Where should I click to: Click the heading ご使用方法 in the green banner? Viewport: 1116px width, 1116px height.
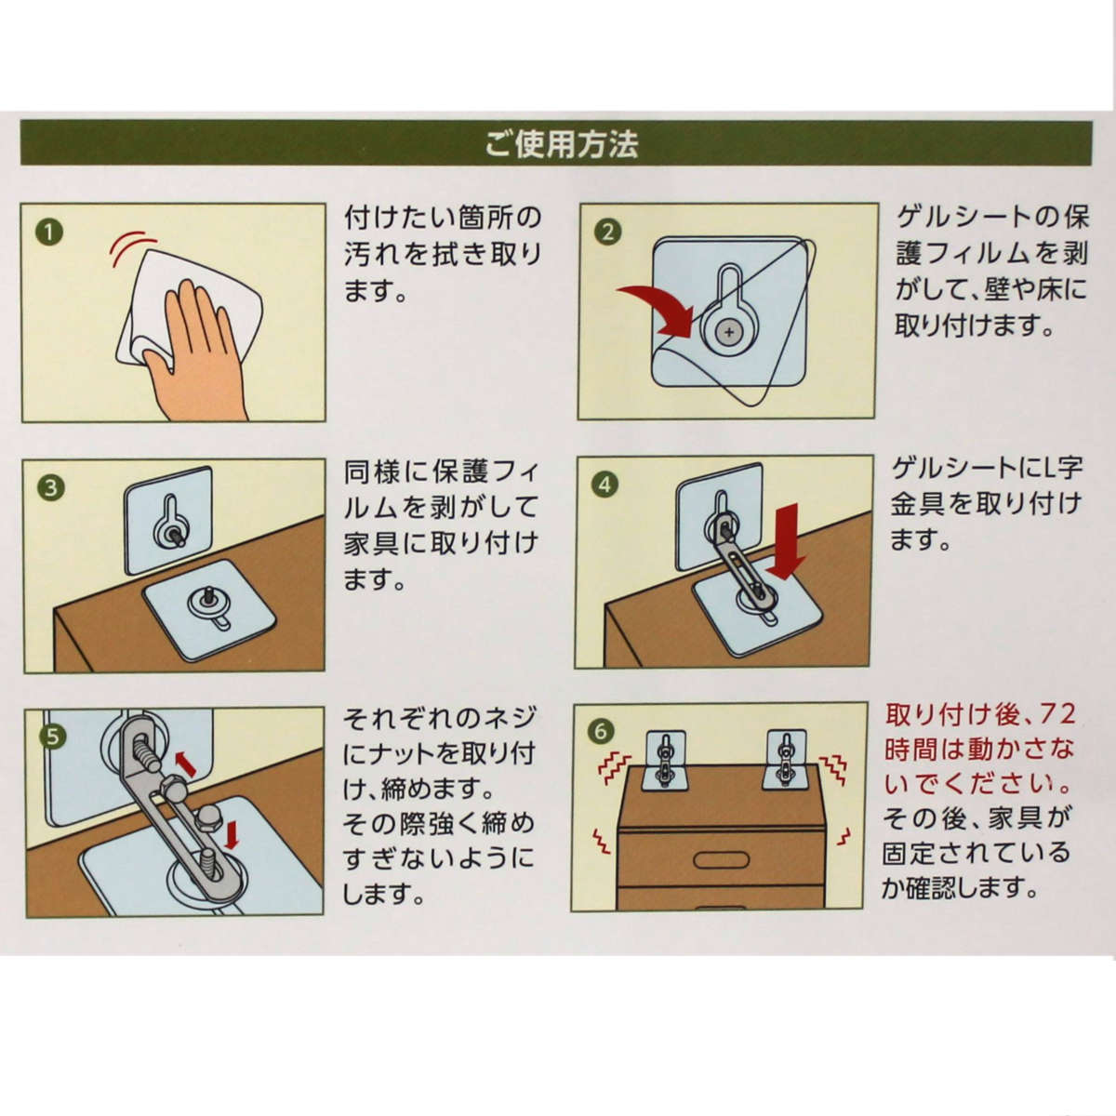point(561,144)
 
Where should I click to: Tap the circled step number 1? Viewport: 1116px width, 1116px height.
point(49,232)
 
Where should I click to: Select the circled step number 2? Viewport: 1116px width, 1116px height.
point(607,232)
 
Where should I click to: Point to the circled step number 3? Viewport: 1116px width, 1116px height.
point(51,487)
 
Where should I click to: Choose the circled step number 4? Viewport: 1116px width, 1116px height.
point(605,485)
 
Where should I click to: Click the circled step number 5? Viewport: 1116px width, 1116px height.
point(53,737)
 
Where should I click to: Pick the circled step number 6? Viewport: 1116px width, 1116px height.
point(601,732)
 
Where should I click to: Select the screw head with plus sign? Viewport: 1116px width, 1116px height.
point(728,332)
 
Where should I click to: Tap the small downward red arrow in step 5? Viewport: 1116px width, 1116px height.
point(232,835)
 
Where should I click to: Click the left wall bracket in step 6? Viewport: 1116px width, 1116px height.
point(666,760)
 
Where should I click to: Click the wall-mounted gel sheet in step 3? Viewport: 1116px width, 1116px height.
point(169,520)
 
